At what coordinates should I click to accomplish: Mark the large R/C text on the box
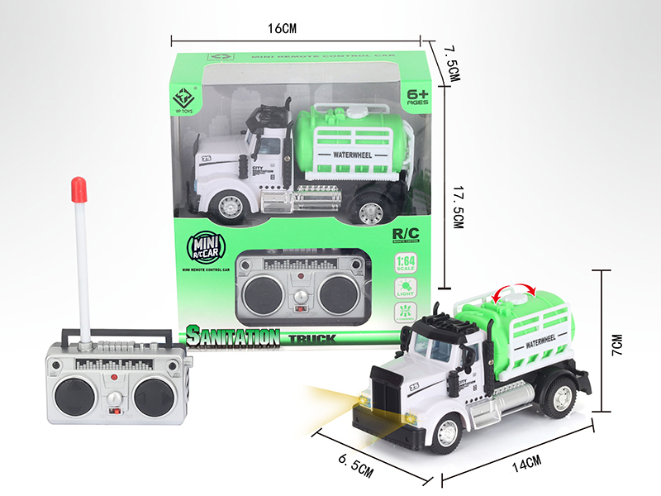point(404,234)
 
